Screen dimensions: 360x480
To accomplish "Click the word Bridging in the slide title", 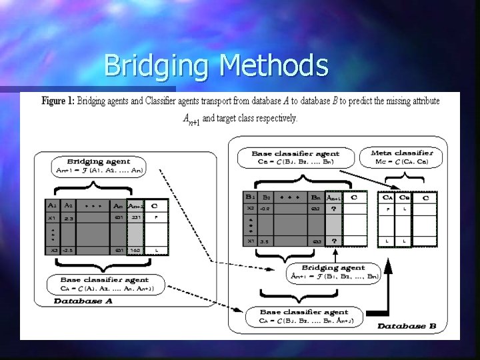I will point(157,66).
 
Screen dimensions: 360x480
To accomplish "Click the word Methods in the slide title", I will point(273,66).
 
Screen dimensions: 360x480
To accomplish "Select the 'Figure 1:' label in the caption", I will point(57,101).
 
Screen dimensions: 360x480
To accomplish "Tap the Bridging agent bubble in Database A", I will point(107,166).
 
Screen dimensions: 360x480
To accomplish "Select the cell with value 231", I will point(135,217).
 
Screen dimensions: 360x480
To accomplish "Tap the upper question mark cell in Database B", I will point(333,209).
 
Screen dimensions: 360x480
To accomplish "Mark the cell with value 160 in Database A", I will point(135,249).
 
